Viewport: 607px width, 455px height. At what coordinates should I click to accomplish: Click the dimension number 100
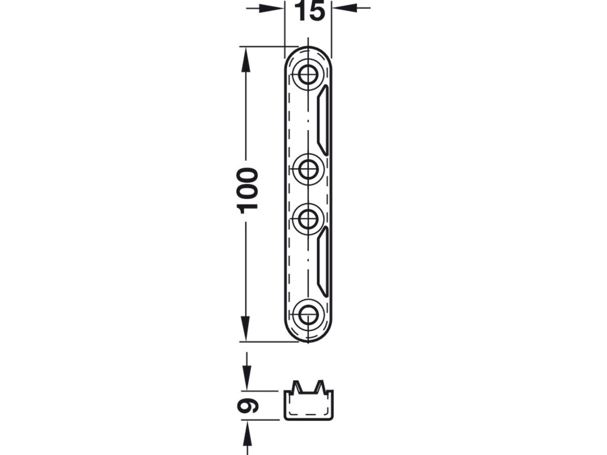click(x=248, y=191)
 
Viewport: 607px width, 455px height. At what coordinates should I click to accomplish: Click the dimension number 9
click(x=248, y=405)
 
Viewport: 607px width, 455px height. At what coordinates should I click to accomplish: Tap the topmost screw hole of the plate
click(x=308, y=74)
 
